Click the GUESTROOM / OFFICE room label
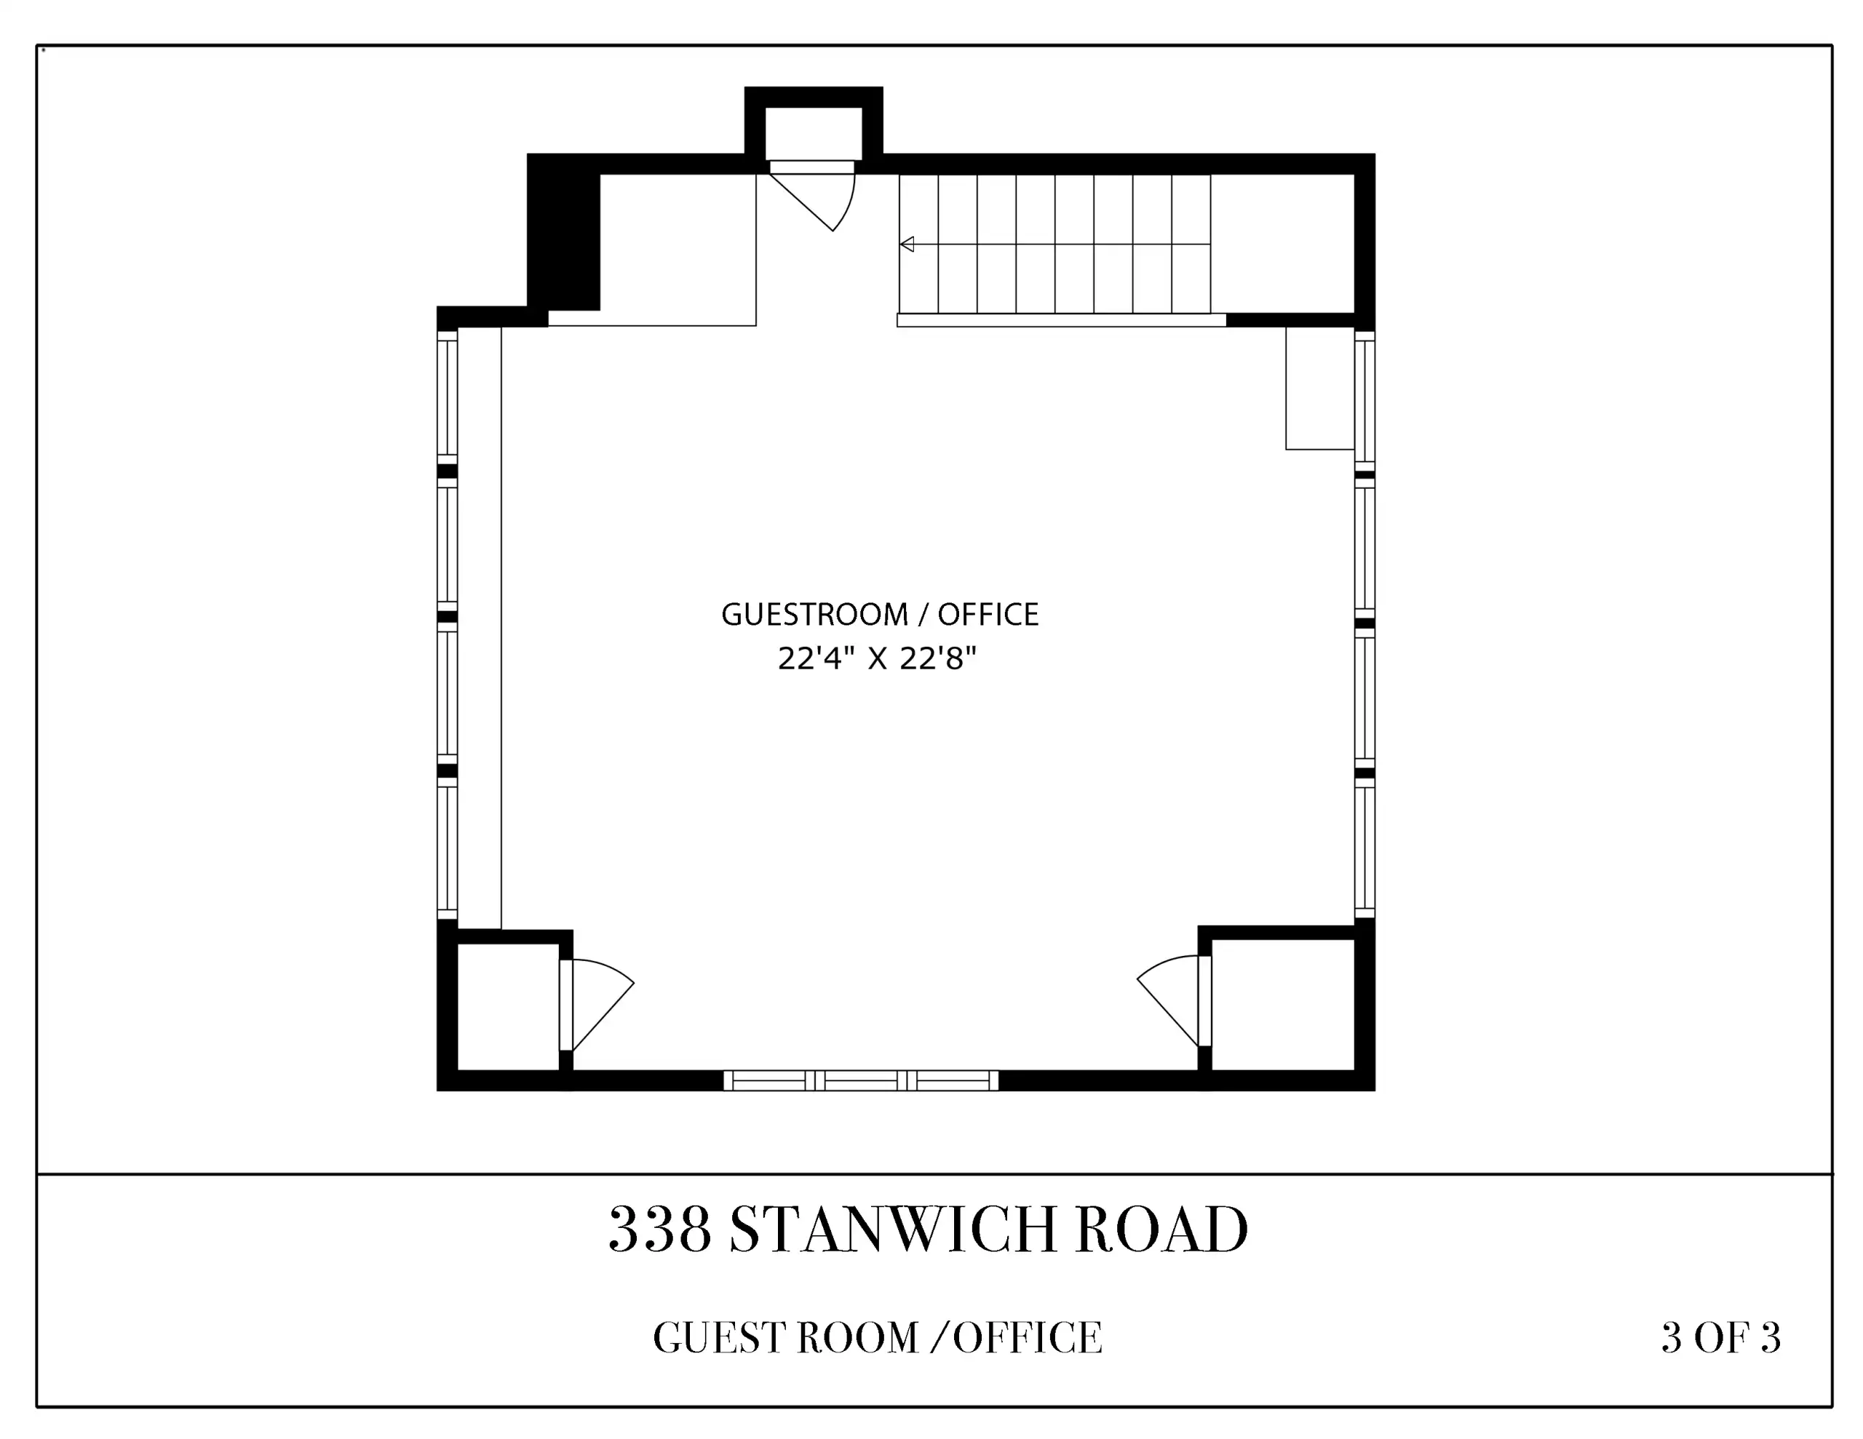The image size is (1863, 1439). point(879,614)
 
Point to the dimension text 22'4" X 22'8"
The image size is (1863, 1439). point(877,658)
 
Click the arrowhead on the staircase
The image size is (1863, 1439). point(907,245)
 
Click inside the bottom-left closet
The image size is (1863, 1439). point(509,1007)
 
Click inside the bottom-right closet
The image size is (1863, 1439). point(1283,1004)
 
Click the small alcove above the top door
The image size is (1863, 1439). point(813,133)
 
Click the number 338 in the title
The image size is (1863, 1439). point(660,1230)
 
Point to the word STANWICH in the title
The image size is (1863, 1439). point(893,1230)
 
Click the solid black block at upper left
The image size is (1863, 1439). point(564,233)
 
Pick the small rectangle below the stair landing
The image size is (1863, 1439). point(1319,388)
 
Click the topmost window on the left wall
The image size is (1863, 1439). point(447,396)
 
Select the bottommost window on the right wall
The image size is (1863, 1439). point(1365,850)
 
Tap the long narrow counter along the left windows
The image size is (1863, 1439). point(480,628)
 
